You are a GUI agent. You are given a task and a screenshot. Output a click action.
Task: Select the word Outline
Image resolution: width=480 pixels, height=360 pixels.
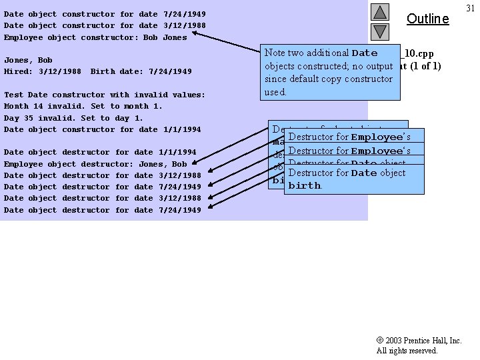[x=427, y=19]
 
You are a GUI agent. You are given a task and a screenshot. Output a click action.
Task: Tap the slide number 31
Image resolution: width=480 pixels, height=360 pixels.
[x=470, y=7]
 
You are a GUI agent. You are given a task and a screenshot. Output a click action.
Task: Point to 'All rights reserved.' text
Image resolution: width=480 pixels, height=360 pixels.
[x=407, y=351]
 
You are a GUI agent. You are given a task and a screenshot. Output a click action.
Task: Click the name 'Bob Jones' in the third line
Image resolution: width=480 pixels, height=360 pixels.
[x=165, y=37]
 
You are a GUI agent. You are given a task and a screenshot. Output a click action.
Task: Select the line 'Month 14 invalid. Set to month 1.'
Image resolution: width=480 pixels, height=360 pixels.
[x=83, y=106]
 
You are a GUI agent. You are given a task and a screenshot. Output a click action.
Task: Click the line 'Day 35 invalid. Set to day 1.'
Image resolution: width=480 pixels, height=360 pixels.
[x=73, y=118]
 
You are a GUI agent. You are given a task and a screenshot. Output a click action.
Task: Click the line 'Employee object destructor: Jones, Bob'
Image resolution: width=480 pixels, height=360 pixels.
[x=95, y=164]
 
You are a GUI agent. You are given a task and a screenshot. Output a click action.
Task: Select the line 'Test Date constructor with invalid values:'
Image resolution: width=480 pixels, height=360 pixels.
[x=105, y=95]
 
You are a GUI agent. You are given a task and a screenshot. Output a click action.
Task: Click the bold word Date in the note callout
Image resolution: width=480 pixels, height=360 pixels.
[x=364, y=53]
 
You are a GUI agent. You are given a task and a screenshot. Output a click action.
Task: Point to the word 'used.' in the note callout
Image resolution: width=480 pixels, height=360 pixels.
[x=275, y=92]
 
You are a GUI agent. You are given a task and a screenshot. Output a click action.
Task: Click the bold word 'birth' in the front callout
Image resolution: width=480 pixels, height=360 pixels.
[x=304, y=186]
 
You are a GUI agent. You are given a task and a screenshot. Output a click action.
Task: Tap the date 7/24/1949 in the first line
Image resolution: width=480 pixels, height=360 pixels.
[x=185, y=14]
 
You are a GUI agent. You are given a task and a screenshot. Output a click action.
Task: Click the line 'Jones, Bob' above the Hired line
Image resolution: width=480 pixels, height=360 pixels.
[x=28, y=60]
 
